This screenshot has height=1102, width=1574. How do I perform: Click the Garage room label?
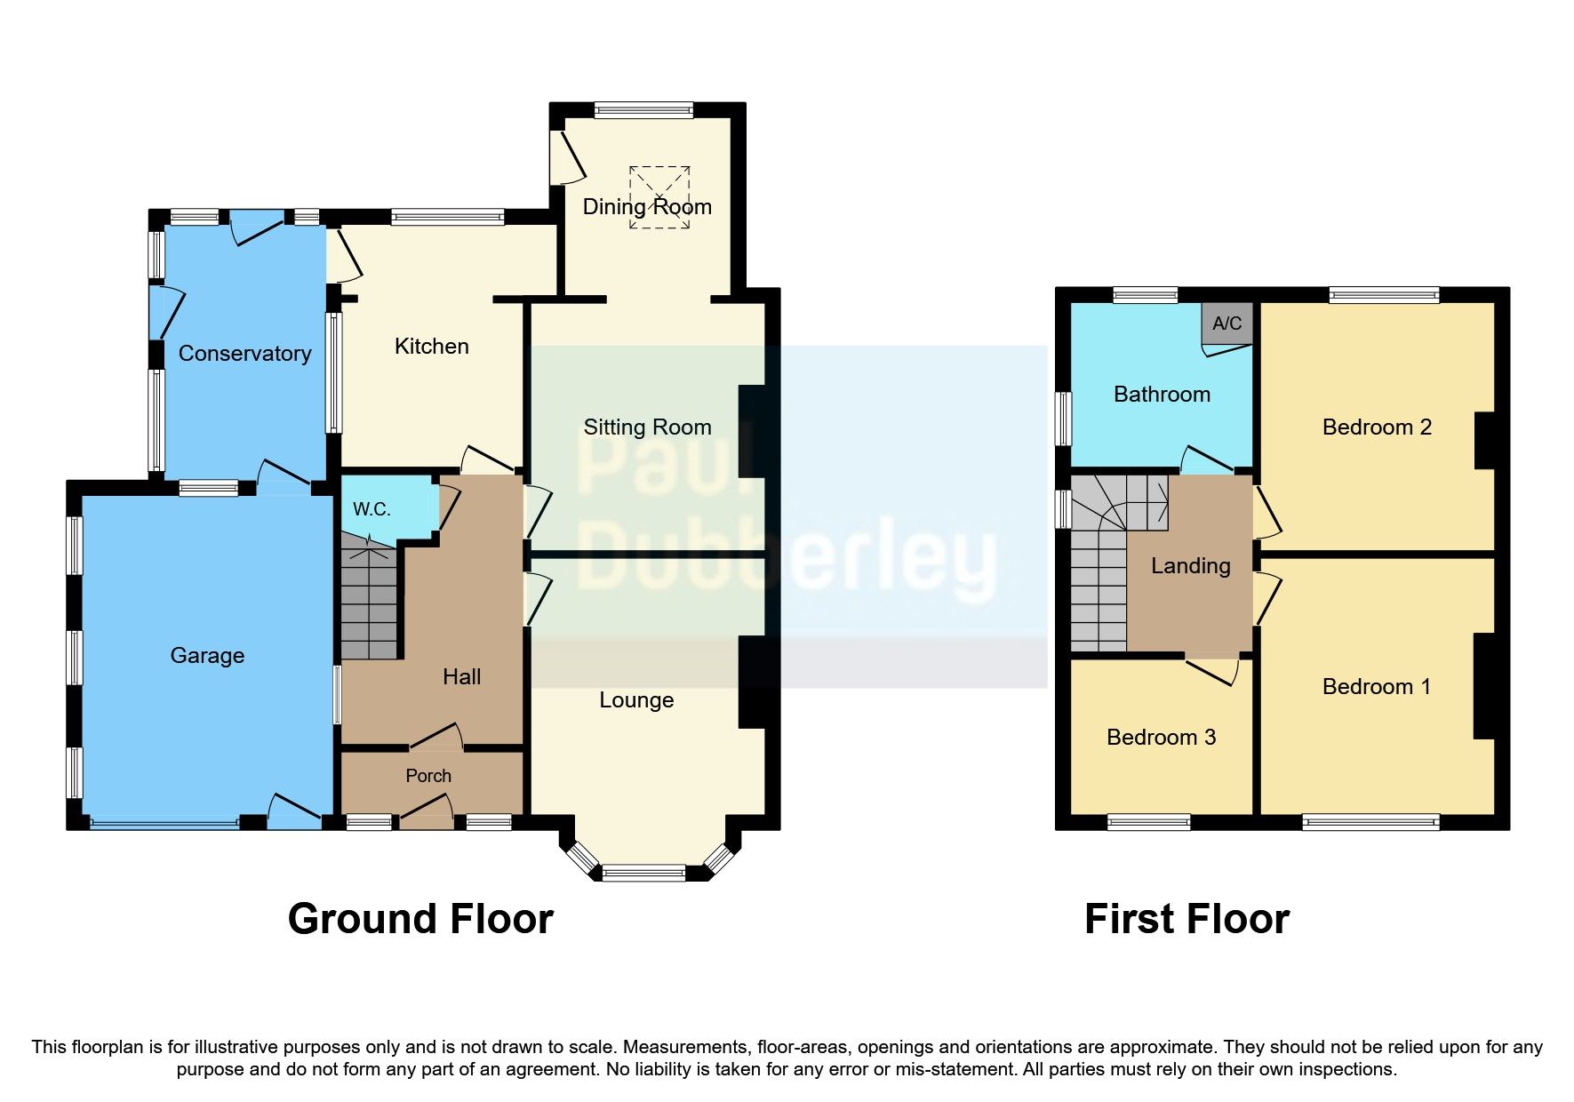(207, 656)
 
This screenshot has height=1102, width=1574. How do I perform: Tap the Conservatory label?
(244, 354)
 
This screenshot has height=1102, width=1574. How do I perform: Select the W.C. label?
(372, 509)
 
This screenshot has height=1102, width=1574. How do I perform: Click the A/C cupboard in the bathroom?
(1226, 323)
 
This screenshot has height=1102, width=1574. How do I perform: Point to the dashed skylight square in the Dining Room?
(659, 196)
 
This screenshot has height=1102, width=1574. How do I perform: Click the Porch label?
(428, 776)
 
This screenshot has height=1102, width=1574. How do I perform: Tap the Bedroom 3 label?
(1161, 738)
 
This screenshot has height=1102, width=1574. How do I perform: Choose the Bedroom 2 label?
(1377, 427)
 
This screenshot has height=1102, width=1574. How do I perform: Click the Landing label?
(1190, 566)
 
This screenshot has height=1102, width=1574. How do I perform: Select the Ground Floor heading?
(420, 919)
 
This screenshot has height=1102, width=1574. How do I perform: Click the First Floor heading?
(1186, 919)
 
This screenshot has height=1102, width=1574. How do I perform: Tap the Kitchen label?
(431, 347)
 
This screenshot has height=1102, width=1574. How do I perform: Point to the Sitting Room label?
(647, 427)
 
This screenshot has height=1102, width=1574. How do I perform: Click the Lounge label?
(636, 700)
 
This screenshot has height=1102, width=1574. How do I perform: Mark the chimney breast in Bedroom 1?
(1483, 685)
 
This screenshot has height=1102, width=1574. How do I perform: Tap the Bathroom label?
(1162, 395)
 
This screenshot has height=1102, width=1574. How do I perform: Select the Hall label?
(461, 677)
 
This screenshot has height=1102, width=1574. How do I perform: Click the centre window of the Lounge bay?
(643, 873)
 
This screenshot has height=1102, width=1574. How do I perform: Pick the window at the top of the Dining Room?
(643, 111)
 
